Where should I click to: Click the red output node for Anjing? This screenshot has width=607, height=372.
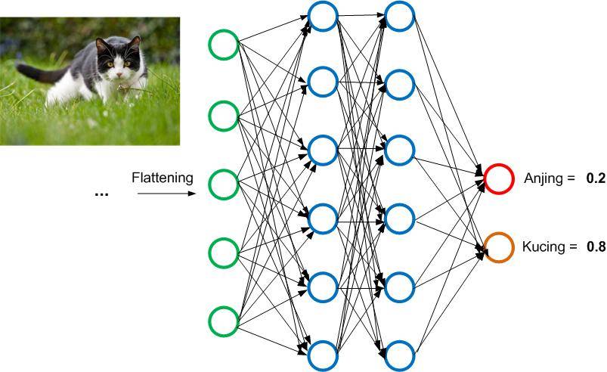(499, 178)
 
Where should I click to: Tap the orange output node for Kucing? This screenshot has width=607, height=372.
(499, 247)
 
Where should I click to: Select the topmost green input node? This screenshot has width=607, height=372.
(224, 45)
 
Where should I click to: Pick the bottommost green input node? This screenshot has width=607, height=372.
(224, 321)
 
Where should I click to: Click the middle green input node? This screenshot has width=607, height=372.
(224, 182)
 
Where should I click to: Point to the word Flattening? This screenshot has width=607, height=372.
(163, 178)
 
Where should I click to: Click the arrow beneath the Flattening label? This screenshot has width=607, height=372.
(167, 194)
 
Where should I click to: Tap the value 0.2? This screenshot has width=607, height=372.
(596, 179)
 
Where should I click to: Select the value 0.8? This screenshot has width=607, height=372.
(596, 246)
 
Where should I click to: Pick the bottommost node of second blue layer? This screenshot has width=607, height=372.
(399, 353)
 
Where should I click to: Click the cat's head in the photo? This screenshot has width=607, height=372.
(117, 60)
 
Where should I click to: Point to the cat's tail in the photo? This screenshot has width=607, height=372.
(34, 73)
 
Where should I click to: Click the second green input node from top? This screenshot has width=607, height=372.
(224, 115)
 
